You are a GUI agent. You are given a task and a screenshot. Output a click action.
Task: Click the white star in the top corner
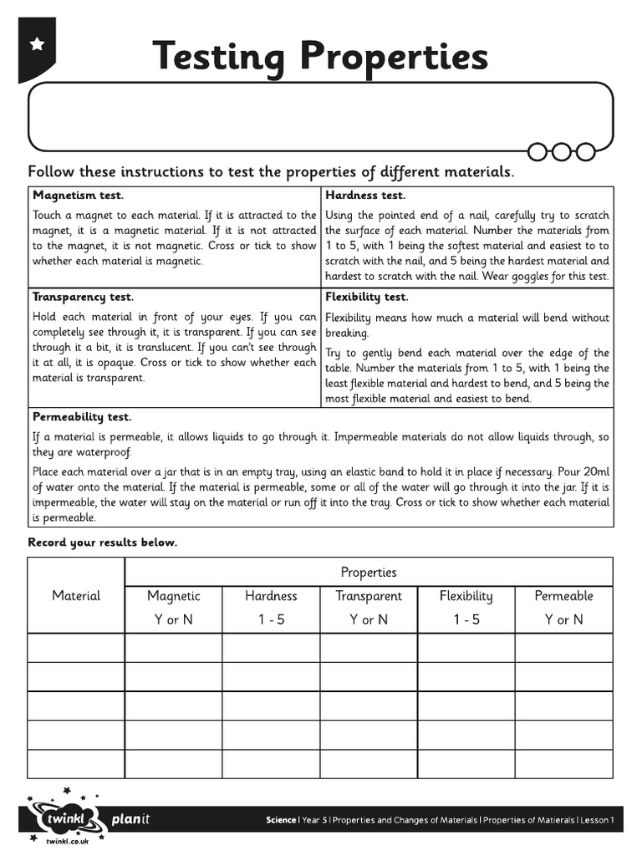pos(37,44)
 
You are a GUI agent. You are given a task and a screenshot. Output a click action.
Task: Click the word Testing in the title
pos(219,57)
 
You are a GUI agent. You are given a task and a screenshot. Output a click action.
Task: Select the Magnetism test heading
pos(78,196)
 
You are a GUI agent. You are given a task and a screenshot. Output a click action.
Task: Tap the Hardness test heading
pos(365,196)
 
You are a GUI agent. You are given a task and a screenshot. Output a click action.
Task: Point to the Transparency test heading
pos(83,297)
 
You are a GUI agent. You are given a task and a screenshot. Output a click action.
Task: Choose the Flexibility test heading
pos(366,297)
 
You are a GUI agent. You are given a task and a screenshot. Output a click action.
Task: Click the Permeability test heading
pos(82,416)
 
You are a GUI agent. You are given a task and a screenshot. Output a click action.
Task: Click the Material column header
pos(76,596)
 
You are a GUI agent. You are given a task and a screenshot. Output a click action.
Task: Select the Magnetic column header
pos(174,596)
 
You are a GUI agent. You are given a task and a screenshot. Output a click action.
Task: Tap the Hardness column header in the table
pos(271,596)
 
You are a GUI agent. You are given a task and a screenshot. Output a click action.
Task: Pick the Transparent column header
pos(369,596)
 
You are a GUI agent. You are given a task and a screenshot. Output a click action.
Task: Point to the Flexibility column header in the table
pos(466,596)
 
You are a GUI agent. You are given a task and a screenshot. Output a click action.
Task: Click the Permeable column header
pos(564,596)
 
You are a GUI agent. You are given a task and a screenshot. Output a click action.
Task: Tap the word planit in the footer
pos(130,819)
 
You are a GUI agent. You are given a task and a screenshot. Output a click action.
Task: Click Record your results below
pos(103,543)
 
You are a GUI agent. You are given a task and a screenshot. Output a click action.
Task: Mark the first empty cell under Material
pos(76,648)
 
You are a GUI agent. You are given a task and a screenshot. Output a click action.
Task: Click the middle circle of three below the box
pos(562,151)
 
